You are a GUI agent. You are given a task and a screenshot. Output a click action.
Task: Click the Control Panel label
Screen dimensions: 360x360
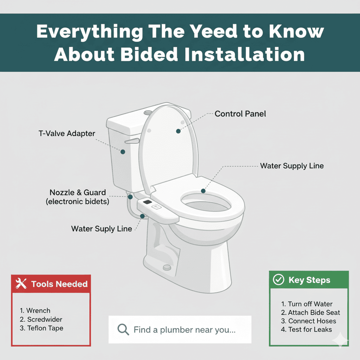click(x=240, y=114)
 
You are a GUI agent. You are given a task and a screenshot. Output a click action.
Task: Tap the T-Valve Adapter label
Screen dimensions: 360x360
click(x=67, y=133)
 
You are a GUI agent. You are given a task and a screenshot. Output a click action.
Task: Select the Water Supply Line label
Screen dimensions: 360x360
click(x=292, y=166)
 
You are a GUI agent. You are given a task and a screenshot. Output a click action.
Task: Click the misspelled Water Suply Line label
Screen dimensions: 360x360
click(x=102, y=229)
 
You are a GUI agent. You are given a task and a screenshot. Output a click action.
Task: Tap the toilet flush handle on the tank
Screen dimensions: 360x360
click(x=132, y=141)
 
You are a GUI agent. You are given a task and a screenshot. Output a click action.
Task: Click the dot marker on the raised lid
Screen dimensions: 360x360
click(x=178, y=131)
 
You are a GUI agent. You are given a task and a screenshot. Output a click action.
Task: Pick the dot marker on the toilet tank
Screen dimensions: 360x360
click(x=123, y=152)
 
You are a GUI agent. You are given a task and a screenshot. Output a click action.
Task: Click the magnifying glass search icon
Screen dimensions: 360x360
click(x=123, y=329)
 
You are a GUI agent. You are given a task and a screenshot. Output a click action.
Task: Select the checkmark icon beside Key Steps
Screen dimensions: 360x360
click(x=278, y=279)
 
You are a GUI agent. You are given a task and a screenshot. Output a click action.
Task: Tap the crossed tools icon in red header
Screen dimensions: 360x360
click(x=21, y=284)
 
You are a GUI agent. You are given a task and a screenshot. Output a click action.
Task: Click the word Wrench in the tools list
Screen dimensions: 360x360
click(x=38, y=311)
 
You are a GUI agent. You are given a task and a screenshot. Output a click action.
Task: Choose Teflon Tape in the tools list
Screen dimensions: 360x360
click(x=45, y=328)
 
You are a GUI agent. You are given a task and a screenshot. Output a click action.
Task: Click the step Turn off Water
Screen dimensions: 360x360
click(x=310, y=304)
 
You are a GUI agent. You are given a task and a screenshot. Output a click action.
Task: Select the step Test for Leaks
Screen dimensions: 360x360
click(x=310, y=329)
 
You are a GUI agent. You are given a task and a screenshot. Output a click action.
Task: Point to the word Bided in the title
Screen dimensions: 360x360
click(x=149, y=54)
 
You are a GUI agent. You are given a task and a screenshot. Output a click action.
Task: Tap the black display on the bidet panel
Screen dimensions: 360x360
click(x=147, y=202)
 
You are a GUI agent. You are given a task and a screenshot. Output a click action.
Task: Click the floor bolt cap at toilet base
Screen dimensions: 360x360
click(x=167, y=267)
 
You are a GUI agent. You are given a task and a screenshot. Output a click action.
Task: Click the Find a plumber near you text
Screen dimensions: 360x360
click(x=185, y=330)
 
